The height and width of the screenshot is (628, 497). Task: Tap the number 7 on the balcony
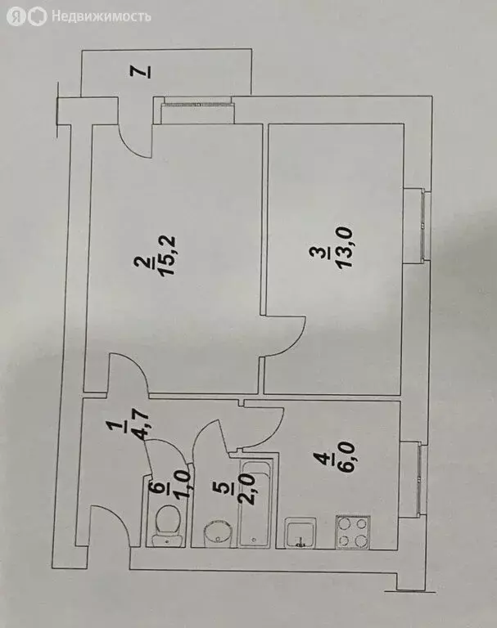pyautogui.click(x=144, y=72)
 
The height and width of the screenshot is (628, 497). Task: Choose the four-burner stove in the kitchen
pyautogui.click(x=353, y=532)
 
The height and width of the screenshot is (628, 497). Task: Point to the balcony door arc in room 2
pyautogui.click(x=133, y=146)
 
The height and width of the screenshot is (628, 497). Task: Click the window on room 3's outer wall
pyautogui.click(x=423, y=227)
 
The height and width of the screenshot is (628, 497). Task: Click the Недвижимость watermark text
pyautogui.click(x=102, y=16)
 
